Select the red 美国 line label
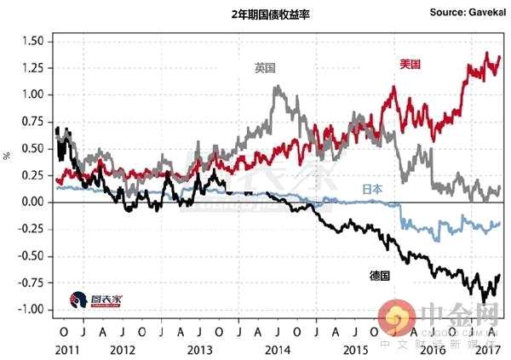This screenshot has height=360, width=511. [x=411, y=65]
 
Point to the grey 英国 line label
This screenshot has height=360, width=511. [x=266, y=68]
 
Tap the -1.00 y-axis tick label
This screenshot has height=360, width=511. [x=32, y=310]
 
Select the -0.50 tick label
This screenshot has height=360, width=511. [x=32, y=256]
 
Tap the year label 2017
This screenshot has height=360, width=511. [x=486, y=349]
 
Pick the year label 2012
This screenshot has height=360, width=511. [x=120, y=349]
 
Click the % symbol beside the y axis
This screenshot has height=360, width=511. [x=8, y=155]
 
